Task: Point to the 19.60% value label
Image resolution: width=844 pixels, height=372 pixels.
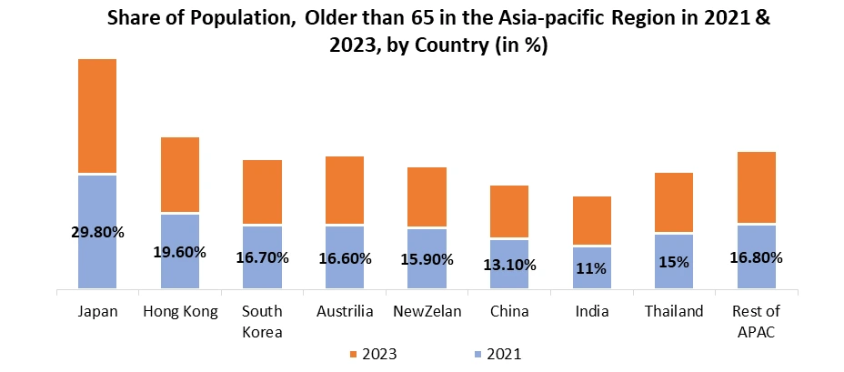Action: point(180,252)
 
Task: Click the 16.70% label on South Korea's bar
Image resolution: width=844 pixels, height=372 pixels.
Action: point(262,257)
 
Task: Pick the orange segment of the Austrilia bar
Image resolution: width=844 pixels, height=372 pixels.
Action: point(345,190)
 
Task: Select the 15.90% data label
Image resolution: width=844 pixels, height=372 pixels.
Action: point(427,259)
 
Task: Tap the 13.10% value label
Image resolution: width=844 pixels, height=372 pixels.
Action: point(509,266)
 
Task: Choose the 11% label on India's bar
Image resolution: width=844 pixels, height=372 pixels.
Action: point(592,268)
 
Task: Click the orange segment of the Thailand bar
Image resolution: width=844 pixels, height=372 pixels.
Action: point(674,202)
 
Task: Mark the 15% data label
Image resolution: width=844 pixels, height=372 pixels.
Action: point(675,262)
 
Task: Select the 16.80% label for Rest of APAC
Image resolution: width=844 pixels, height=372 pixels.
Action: point(757,257)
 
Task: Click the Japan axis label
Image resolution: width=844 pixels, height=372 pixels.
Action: point(97,312)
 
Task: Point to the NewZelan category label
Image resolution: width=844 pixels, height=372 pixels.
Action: point(427,312)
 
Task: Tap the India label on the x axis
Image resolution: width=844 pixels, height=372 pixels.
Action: point(592,312)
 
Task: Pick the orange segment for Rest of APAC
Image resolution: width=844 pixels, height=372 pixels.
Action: point(757,186)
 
